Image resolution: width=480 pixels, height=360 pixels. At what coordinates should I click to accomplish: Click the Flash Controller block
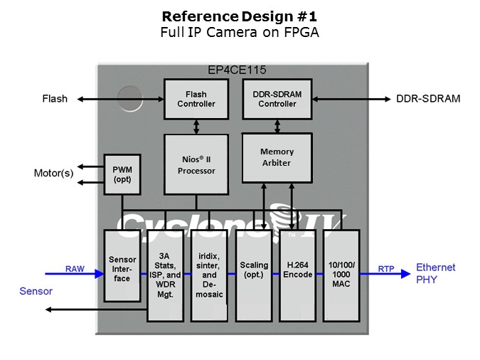pyautogui.click(x=196, y=99)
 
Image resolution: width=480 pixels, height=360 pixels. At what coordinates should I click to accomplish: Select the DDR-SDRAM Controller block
pyautogui.click(x=277, y=99)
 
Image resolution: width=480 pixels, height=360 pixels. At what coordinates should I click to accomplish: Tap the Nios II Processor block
pyautogui.click(x=196, y=164)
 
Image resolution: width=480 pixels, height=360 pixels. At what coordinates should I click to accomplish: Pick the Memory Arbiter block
pyautogui.click(x=277, y=158)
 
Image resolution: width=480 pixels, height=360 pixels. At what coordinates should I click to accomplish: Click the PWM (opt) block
pyautogui.click(x=122, y=174)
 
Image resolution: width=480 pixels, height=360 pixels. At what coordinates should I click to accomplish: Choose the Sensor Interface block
pyautogui.click(x=122, y=265)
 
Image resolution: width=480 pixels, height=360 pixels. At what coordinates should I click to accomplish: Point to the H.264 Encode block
pyautogui.click(x=297, y=275)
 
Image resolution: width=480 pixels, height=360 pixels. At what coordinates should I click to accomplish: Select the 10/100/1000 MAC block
pyautogui.click(x=341, y=275)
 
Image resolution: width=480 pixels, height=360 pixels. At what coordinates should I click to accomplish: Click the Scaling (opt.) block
pyautogui.click(x=254, y=275)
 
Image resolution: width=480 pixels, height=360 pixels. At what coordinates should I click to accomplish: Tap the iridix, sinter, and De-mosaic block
pyautogui.click(x=209, y=275)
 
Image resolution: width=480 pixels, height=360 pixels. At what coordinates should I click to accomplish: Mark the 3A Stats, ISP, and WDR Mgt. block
pyautogui.click(x=165, y=275)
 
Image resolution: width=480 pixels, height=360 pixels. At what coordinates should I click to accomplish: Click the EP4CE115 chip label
pyautogui.click(x=237, y=70)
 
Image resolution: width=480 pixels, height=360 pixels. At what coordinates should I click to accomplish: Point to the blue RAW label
pyautogui.click(x=75, y=269)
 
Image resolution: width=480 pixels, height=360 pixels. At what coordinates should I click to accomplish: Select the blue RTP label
pyautogui.click(x=386, y=269)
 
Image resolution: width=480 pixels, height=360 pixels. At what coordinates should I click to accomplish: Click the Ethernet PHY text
pyautogui.click(x=436, y=273)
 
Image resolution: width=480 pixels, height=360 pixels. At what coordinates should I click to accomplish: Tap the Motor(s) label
pyautogui.click(x=53, y=173)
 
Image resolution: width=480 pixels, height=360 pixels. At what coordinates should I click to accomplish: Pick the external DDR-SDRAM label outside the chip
pyautogui.click(x=428, y=99)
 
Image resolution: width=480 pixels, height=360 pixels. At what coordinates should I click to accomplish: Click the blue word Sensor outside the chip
pyautogui.click(x=36, y=291)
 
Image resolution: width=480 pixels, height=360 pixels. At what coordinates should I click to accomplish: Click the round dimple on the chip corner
pyautogui.click(x=130, y=98)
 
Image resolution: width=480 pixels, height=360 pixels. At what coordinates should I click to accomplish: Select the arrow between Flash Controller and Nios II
pyautogui.click(x=196, y=127)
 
